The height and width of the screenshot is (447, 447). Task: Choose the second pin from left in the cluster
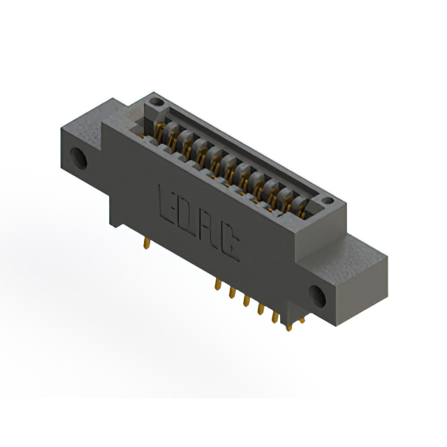(231, 293)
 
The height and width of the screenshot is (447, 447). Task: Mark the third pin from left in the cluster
(246, 300)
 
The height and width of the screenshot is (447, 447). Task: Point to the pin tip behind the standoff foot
(302, 321)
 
